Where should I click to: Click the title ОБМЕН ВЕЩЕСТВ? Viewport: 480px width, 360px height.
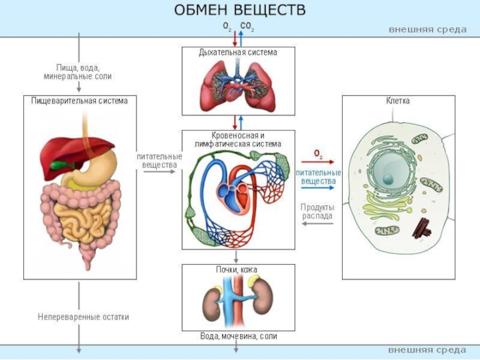[x=239, y=11]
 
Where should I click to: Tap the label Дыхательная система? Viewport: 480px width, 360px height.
[x=238, y=53]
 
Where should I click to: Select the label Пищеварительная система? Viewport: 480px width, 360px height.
[x=80, y=101]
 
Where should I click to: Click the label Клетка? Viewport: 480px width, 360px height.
[x=398, y=101]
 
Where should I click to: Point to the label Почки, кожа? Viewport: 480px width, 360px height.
[x=238, y=270]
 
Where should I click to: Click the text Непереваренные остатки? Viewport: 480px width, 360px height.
[x=83, y=317]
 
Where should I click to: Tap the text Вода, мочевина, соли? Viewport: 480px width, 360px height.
[x=239, y=337]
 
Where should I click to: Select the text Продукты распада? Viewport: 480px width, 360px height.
[x=317, y=211]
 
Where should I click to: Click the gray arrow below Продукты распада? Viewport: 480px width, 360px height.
[x=317, y=223]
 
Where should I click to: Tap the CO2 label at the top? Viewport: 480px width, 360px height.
[x=247, y=26]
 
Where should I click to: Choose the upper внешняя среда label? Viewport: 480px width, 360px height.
[x=427, y=29]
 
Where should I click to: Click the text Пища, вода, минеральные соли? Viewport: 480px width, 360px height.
[x=79, y=72]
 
